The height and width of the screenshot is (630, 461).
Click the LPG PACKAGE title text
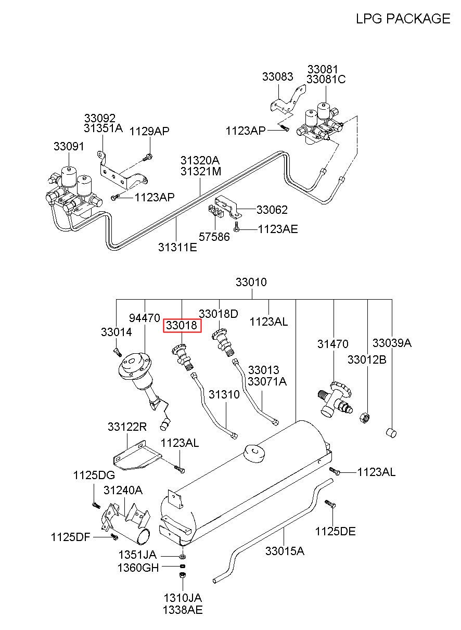point(403,19)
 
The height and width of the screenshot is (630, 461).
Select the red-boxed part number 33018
point(183,326)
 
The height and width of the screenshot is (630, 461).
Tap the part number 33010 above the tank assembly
point(251,282)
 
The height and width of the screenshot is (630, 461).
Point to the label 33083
point(278,76)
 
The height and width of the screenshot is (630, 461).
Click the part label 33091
point(69,146)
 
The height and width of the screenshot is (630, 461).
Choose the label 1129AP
point(149,131)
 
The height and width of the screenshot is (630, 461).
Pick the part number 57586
point(214,237)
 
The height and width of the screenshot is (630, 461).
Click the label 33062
point(272,210)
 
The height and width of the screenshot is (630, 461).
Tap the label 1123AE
point(278,229)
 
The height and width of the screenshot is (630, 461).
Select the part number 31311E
point(177,247)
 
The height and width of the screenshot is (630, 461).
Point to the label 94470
point(145,318)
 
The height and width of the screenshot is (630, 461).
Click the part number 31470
point(332,344)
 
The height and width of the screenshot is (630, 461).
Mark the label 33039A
point(392,343)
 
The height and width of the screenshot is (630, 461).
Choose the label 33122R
point(127,427)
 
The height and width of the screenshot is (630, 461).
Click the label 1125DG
point(94,475)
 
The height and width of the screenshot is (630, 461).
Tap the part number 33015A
point(285,551)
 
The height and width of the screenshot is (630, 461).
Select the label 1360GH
point(138,568)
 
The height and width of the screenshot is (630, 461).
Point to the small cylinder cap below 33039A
point(391,432)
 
